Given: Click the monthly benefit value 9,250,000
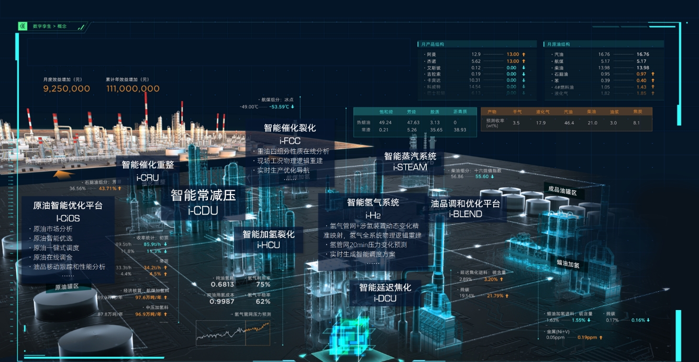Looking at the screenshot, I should tap(66, 89).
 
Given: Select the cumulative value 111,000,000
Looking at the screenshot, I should tap(132, 89).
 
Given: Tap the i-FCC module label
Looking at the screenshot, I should tap(290, 140).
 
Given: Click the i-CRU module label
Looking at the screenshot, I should tap(148, 177).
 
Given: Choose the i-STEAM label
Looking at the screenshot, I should tap(410, 167).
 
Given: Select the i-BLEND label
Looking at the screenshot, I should tap(465, 214).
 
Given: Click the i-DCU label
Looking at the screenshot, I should tap(385, 299).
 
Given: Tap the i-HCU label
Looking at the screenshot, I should tap(269, 245).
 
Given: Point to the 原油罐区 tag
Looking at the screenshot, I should tap(62, 286).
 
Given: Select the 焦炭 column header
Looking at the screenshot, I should tap(637, 112).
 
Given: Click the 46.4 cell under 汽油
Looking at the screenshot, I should tap(569, 123).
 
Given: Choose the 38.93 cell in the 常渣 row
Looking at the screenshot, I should tap(460, 130).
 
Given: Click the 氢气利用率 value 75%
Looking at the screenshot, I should tap(263, 284).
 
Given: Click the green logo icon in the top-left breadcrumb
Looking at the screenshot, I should tap(23, 26).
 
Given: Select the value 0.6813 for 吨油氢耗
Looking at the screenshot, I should tap(223, 284).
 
